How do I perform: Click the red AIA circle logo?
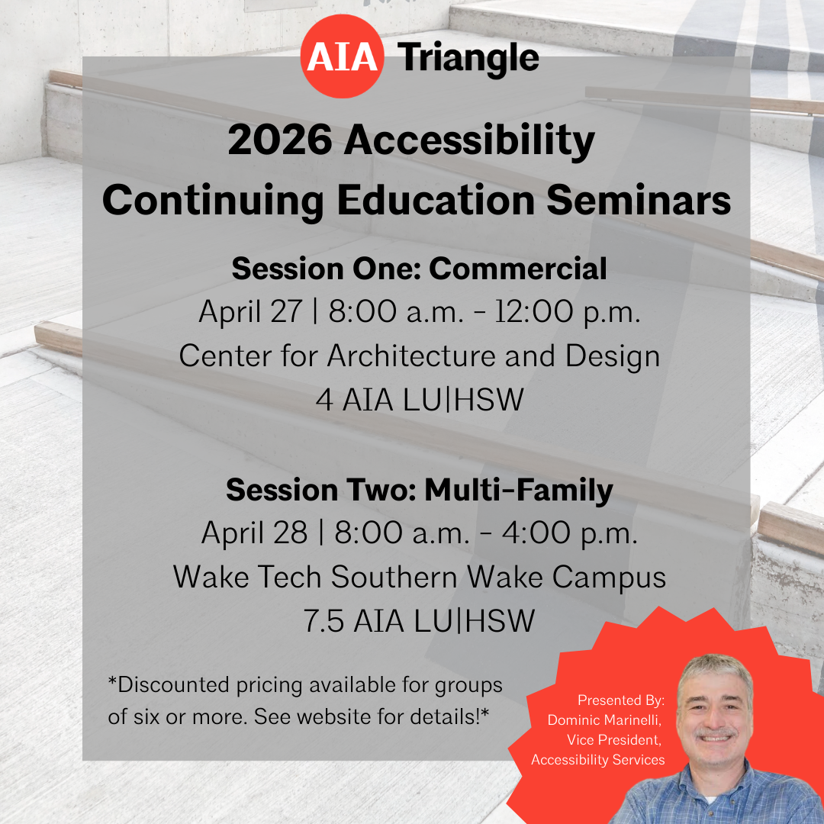coord(342,56)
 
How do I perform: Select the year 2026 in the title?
coord(280,140)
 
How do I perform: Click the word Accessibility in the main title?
coord(469,142)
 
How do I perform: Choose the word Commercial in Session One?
coord(517,269)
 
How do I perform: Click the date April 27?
coord(251,312)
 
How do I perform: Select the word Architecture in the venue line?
coord(411,356)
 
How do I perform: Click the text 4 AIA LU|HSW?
coord(420,400)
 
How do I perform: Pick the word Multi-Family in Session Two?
coord(519,491)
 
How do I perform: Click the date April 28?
coord(254,533)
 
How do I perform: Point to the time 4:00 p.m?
coord(570,533)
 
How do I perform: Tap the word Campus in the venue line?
coord(609,578)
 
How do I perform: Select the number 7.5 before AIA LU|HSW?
coord(323,621)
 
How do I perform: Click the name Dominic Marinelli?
coord(604,720)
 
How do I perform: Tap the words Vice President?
coord(613,740)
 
